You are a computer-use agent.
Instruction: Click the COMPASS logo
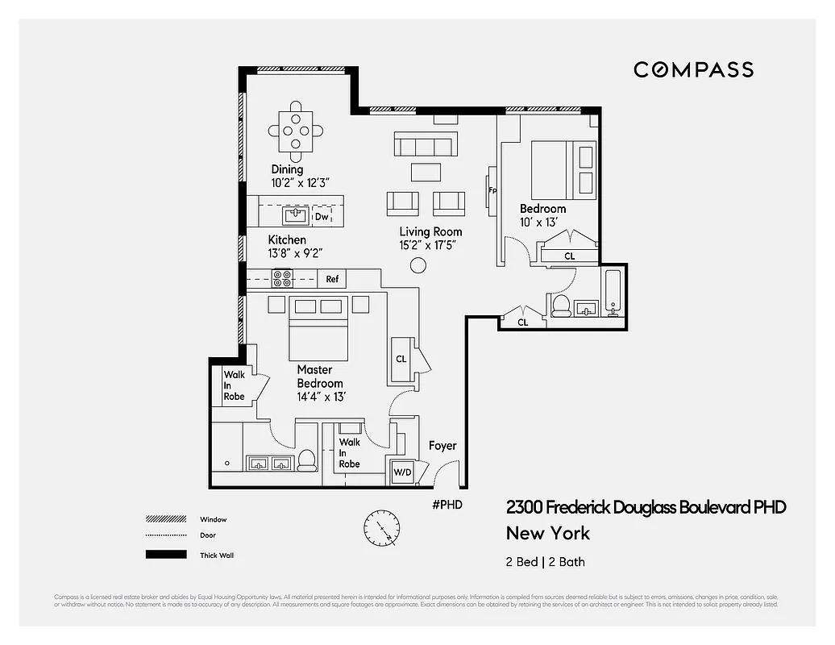pos(693,69)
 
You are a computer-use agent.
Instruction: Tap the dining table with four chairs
pos(296,129)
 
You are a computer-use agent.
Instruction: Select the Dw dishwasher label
pos(322,216)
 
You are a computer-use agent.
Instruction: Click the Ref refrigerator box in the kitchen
pos(332,280)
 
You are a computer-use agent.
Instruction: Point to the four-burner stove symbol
pos(283,279)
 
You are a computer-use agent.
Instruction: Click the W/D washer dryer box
pos(401,472)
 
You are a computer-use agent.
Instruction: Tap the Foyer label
pos(442,446)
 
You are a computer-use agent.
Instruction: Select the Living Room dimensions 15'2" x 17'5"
pos(430,245)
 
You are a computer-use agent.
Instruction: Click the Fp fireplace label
pos(492,191)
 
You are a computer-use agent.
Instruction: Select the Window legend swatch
pos(160,519)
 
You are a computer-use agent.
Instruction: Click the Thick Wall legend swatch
pos(160,555)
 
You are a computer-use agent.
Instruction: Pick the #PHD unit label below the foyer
pos(447,506)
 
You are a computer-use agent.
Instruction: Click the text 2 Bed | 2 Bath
pos(546,562)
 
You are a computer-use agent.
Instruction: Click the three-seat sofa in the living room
pos(424,144)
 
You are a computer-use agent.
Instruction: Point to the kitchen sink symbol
pos(294,215)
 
